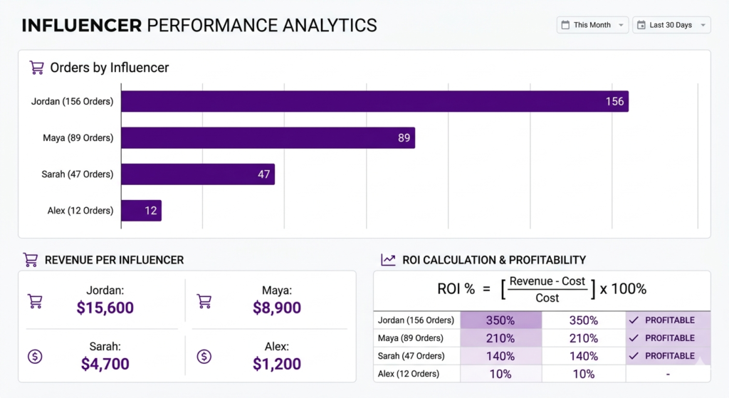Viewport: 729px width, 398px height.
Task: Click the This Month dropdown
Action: click(x=592, y=25)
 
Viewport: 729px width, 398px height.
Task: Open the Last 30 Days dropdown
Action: click(x=671, y=25)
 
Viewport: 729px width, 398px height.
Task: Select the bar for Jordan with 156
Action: click(x=374, y=101)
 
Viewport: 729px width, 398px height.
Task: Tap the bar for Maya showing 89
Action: click(x=268, y=137)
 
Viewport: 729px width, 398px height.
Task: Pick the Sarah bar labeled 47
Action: click(x=197, y=174)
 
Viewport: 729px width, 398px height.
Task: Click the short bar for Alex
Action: click(x=141, y=210)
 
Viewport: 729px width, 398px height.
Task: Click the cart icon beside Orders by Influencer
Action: click(x=36, y=68)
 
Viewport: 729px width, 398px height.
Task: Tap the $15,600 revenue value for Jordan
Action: click(x=105, y=308)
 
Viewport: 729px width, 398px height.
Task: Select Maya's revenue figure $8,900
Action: click(x=276, y=308)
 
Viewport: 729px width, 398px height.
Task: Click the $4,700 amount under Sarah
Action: click(x=105, y=364)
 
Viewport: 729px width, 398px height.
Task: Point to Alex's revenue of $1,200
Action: click(x=276, y=364)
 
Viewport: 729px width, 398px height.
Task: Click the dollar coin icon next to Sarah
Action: click(x=34, y=356)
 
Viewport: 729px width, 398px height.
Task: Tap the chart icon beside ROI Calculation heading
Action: click(x=388, y=260)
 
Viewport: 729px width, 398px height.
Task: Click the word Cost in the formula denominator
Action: click(x=547, y=298)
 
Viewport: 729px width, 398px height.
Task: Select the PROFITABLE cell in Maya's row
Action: click(x=668, y=338)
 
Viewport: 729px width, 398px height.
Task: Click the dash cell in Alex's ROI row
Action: click(x=668, y=374)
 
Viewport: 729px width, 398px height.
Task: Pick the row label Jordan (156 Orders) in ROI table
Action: click(x=416, y=320)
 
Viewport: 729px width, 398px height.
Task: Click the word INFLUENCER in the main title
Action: click(x=81, y=26)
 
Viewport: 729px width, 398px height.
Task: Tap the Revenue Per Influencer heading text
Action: click(x=114, y=260)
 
